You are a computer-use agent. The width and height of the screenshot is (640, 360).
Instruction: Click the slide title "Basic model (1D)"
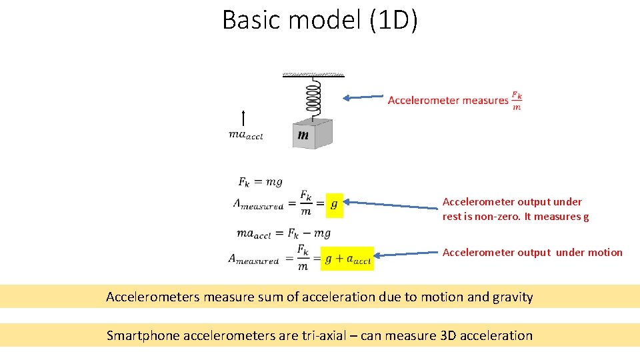pos(320,20)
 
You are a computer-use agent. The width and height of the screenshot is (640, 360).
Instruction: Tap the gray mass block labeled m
pos(311,135)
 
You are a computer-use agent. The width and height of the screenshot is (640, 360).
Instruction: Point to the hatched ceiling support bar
pos(313,75)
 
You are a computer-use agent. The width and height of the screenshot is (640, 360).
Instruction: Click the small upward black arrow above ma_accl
pos(244,119)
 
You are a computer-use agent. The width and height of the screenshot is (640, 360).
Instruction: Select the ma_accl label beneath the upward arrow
pos(245,135)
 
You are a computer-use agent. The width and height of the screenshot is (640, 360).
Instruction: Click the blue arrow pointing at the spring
pos(363,97)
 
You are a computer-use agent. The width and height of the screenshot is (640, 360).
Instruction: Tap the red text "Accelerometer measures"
pos(448,101)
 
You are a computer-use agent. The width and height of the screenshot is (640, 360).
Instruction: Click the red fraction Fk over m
pos(517,101)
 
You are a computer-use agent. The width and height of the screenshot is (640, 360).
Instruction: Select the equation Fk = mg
pos(260,181)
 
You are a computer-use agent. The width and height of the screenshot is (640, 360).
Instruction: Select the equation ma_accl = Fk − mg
pos(283,233)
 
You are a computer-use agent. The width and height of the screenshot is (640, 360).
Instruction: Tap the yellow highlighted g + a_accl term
pos(347,259)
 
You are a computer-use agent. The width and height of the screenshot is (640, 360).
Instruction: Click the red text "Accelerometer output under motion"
pos(532,253)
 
